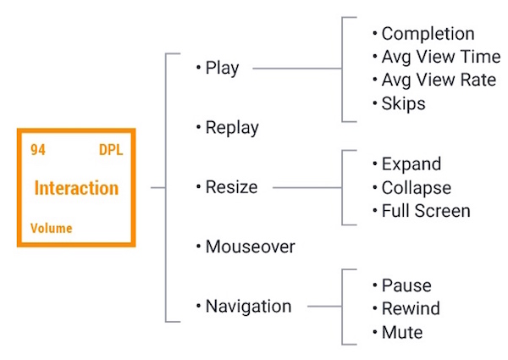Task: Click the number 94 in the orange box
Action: tap(38, 150)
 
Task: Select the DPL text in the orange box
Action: tap(110, 150)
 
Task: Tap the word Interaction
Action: tap(76, 188)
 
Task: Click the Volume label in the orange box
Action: tap(51, 228)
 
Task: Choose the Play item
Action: tap(222, 69)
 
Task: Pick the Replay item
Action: tap(231, 128)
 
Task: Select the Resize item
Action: tap(231, 187)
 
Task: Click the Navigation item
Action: tap(248, 306)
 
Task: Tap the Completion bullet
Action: tap(427, 34)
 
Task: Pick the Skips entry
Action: tap(403, 104)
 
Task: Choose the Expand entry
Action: tap(411, 163)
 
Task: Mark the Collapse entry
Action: tap(416, 187)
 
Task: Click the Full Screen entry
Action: tap(425, 211)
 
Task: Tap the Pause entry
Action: tap(406, 285)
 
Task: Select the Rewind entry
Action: tap(411, 308)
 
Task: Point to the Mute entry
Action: tap(402, 332)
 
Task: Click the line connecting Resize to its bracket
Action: tap(306, 188)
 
